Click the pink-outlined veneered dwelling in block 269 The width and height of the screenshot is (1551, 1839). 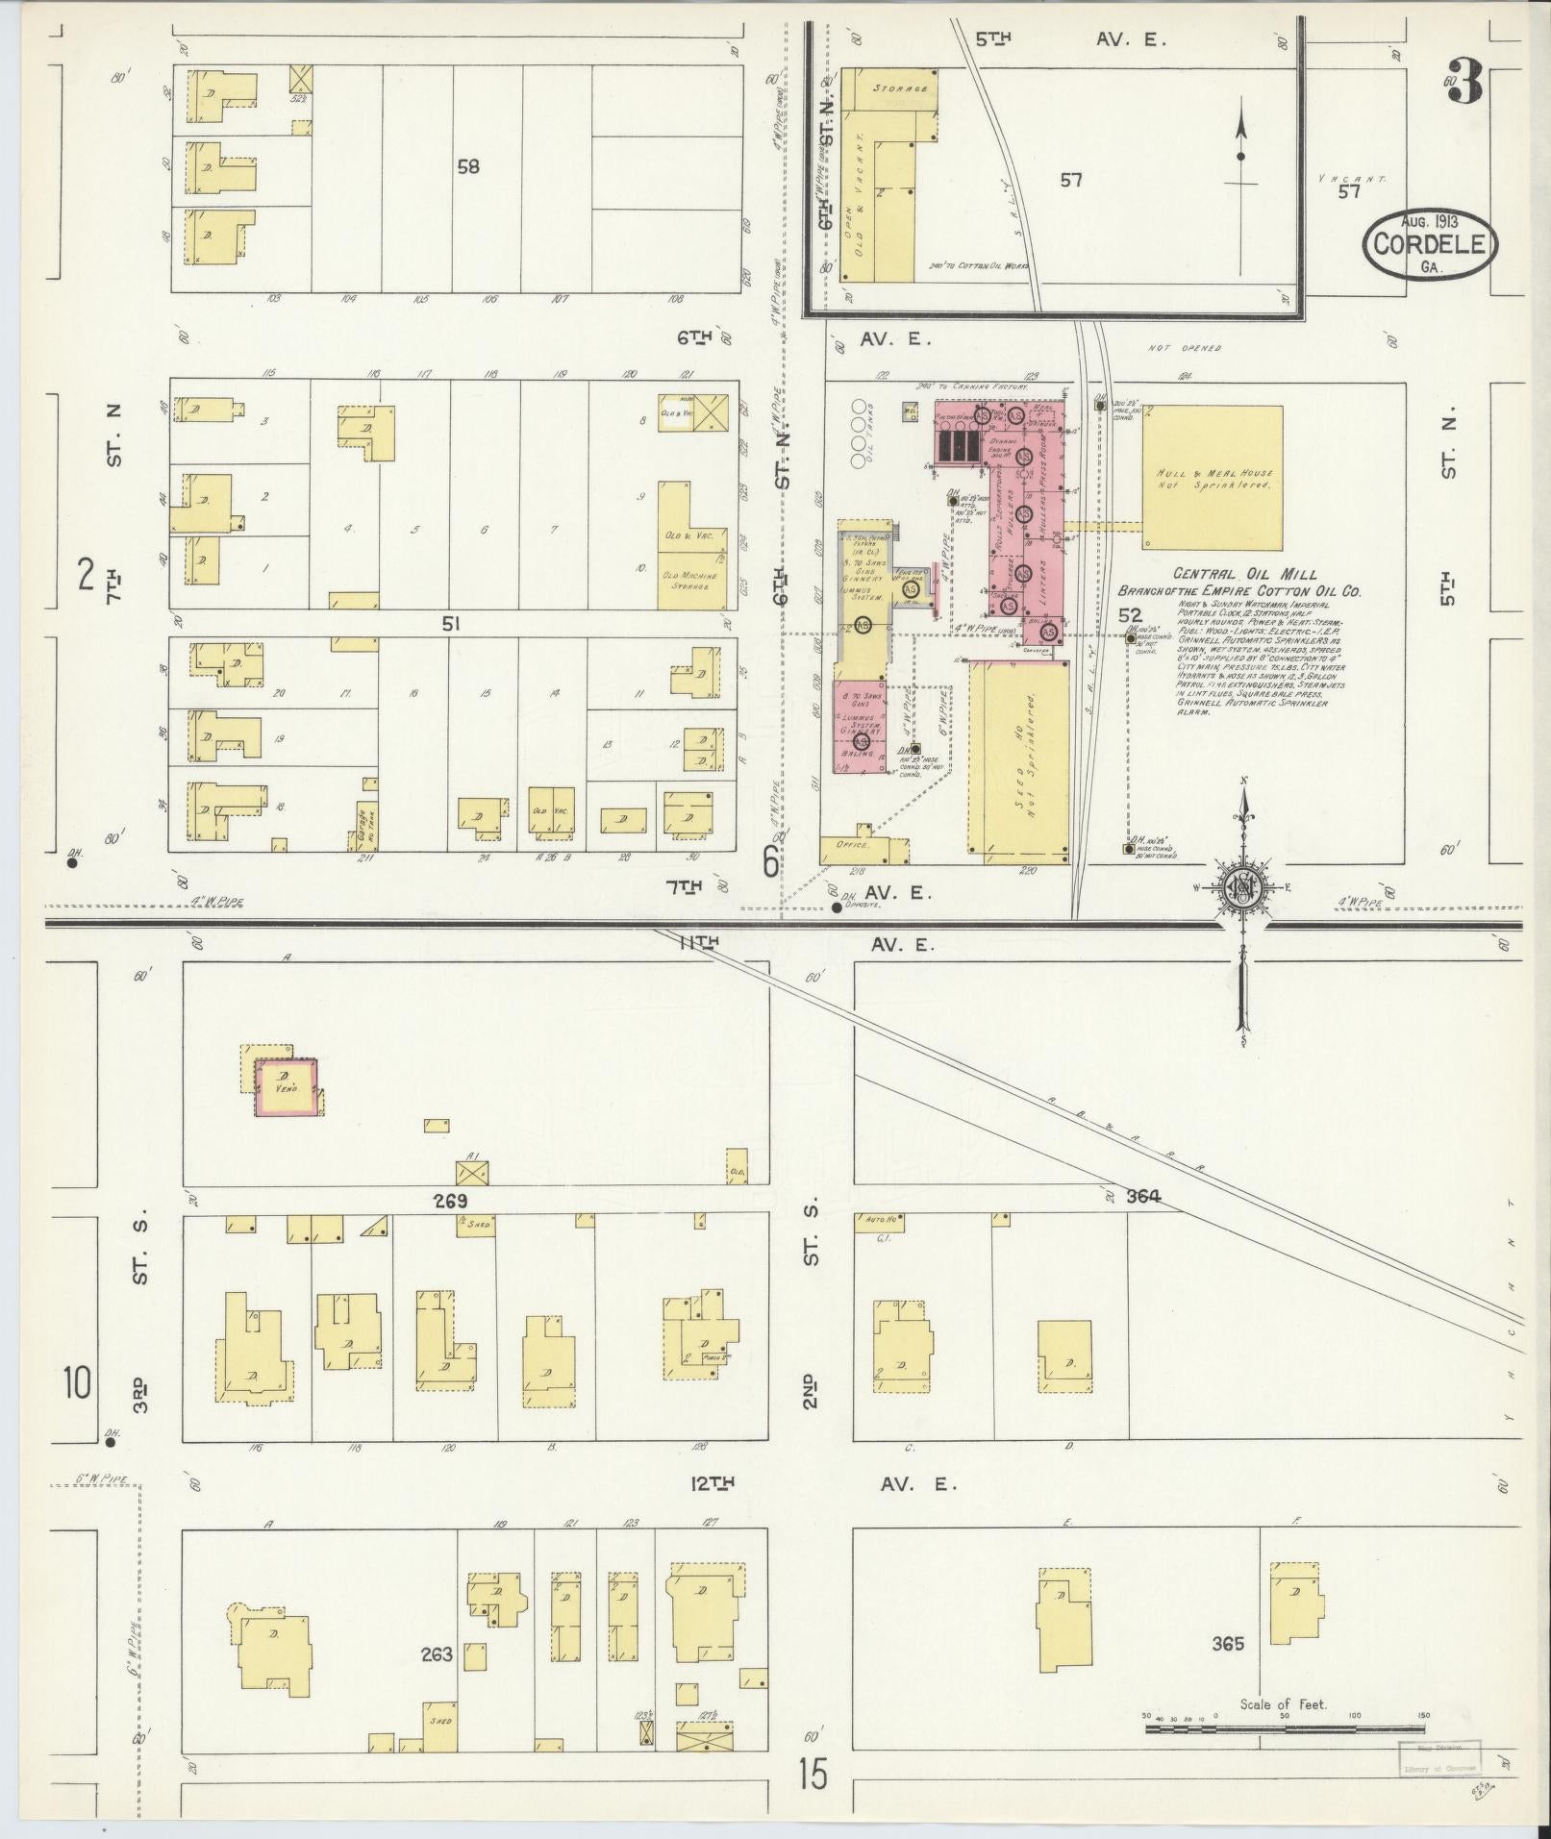pos(286,1086)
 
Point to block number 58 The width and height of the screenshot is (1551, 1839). pos(467,166)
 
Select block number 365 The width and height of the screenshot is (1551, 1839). pos(1228,1644)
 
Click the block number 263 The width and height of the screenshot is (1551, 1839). pos(436,1654)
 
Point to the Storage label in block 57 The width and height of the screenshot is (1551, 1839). pos(900,87)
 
